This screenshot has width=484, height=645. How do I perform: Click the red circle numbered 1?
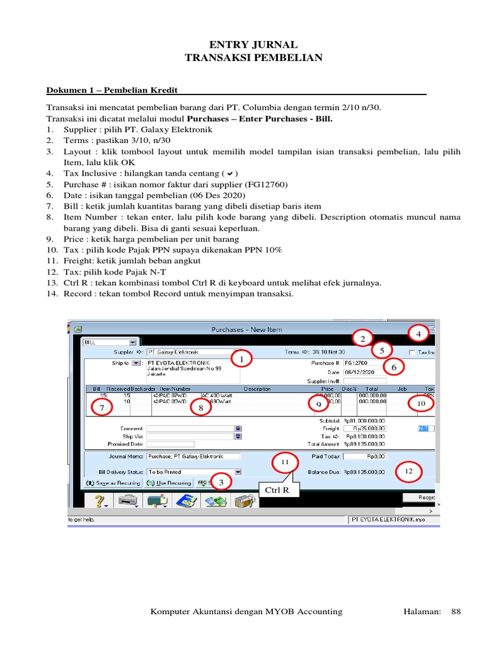click(239, 359)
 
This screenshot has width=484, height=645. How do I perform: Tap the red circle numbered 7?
click(102, 408)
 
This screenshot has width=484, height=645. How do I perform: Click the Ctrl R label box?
click(278, 489)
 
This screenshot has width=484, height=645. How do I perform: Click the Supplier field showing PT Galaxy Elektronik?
click(190, 352)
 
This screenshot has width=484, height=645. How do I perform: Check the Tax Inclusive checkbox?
click(412, 353)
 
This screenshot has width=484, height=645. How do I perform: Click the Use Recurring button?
click(168, 483)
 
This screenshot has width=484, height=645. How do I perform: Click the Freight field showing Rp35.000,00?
click(364, 428)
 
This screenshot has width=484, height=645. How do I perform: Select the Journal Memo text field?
click(193, 456)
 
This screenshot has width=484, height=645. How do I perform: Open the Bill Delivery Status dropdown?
click(238, 471)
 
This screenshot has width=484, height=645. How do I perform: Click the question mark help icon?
click(100, 501)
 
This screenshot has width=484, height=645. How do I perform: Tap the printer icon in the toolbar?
click(129, 501)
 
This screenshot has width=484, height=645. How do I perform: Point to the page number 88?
click(457, 611)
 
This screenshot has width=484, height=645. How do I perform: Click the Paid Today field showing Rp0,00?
click(364, 456)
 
